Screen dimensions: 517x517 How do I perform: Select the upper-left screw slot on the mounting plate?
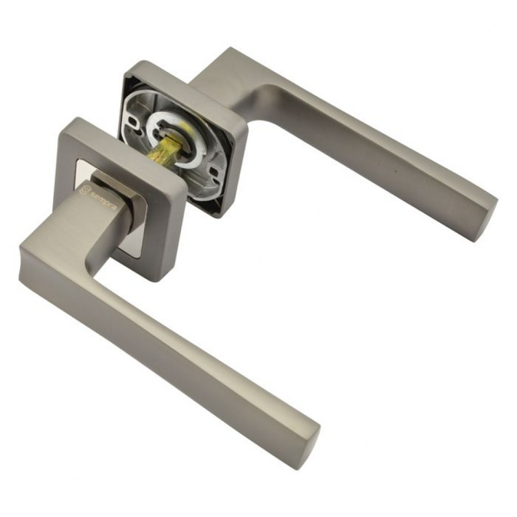tap(135, 122)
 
